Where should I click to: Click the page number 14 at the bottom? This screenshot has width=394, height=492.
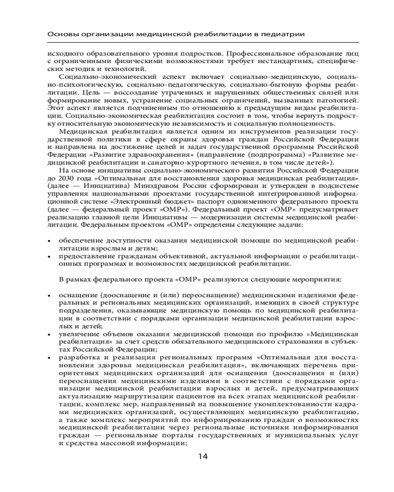pos(203,457)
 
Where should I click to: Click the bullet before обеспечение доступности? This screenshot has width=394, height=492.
pos(48,241)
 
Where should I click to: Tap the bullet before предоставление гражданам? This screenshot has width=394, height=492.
pos(48,256)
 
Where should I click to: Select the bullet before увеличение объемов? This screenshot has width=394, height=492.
pos(48,335)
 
